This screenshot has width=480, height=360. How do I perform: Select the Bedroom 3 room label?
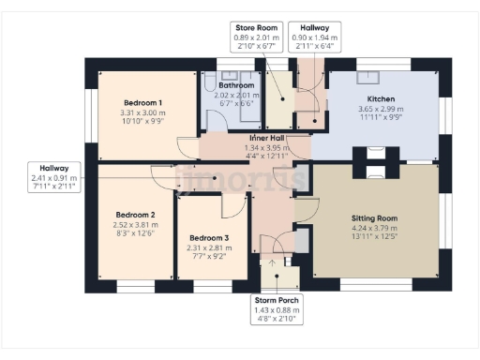pyautogui.click(x=208, y=238)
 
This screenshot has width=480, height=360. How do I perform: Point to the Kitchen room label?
pyautogui.click(x=380, y=98)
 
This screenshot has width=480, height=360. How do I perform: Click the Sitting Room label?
pyautogui.click(x=374, y=217)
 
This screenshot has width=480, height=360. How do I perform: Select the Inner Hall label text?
pyautogui.click(x=267, y=138)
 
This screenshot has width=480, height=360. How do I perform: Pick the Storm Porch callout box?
pyautogui.click(x=277, y=309)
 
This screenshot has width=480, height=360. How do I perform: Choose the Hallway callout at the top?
pyautogui.click(x=308, y=37)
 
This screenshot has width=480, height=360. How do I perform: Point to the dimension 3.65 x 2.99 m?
pyautogui.click(x=380, y=110)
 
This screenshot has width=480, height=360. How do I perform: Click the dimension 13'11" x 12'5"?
pyautogui.click(x=374, y=238)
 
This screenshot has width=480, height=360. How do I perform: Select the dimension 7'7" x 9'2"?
pyautogui.click(x=208, y=258)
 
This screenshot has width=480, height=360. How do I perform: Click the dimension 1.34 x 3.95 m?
pyautogui.click(x=267, y=147)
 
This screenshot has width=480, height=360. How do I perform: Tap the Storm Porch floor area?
pyautogui.click(x=277, y=277)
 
